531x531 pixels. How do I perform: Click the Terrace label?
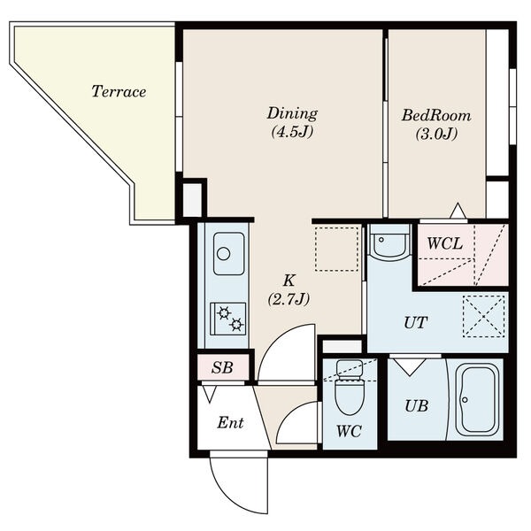coord(119,91)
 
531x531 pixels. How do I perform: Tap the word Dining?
coord(292,113)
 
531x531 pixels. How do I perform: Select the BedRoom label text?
coord(436,115)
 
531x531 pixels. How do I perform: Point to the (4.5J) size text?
coord(292,132)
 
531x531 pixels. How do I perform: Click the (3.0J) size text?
coord(436,135)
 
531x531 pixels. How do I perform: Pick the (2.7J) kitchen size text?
coord(289,299)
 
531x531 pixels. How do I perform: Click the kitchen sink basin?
coord(228,254)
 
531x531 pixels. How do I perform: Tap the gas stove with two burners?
coord(228,319)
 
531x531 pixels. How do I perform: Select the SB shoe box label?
coord(222,367)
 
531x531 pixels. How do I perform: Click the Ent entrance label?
coord(230,423)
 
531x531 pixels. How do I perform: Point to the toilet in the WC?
coord(350,387)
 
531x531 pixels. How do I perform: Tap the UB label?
coord(416,406)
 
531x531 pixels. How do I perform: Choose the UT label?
coord(416,323)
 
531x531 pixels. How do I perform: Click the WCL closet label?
coord(444,243)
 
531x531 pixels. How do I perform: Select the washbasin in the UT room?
coord(389,242)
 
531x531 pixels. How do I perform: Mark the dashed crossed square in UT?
coord(484,316)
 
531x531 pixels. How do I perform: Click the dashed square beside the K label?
coord(336,249)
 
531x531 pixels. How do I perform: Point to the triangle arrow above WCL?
coord(458,211)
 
